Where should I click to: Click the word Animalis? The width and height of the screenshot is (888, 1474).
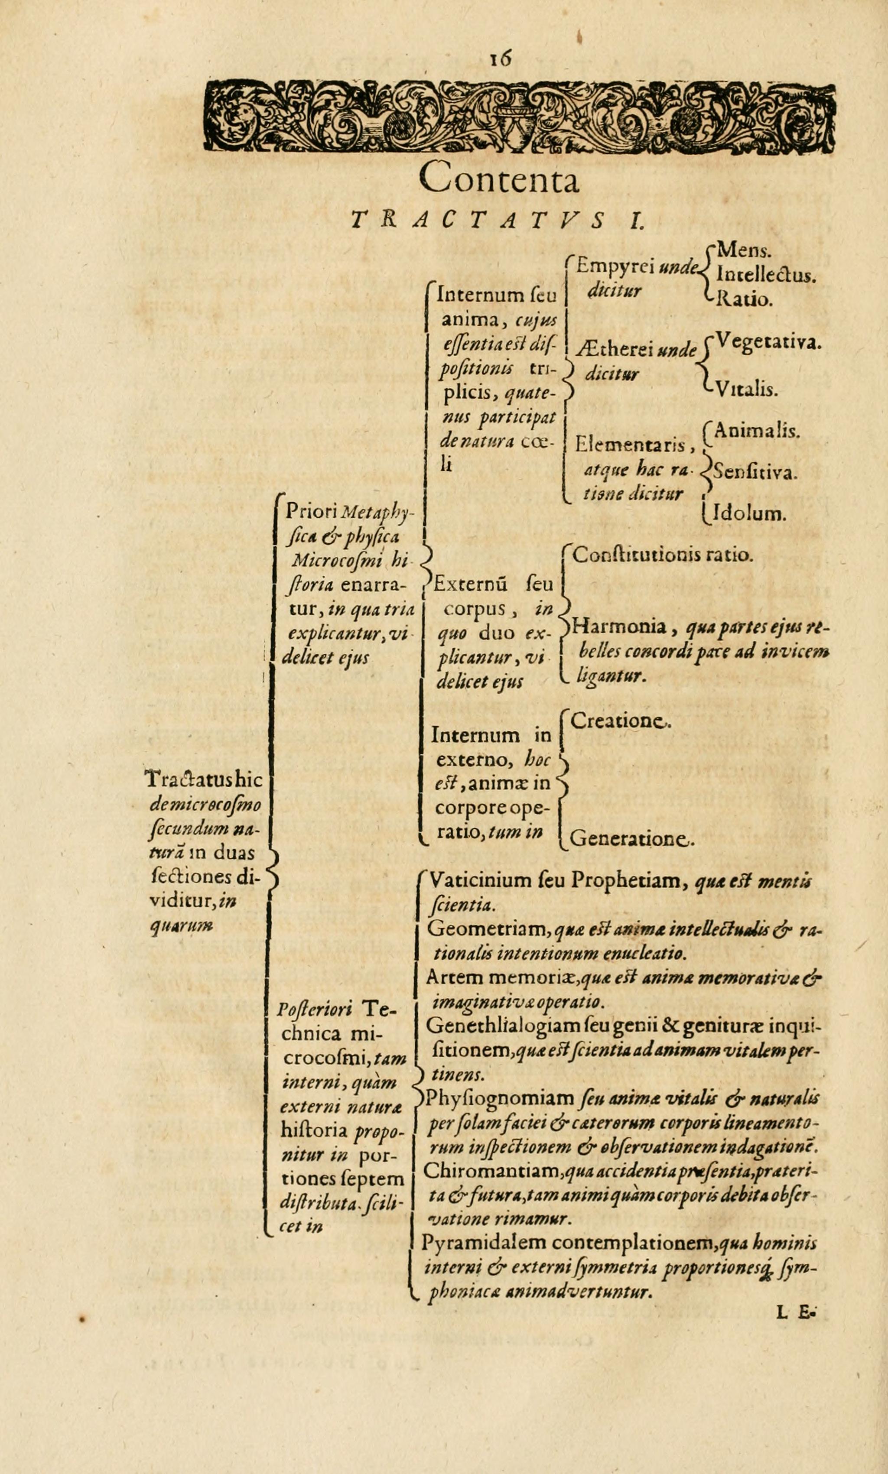click(757, 431)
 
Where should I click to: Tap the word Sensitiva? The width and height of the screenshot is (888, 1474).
click(756, 473)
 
